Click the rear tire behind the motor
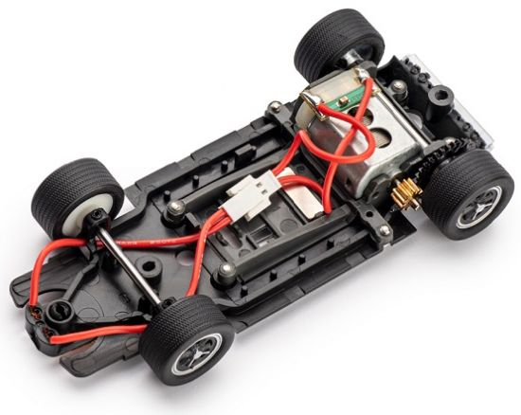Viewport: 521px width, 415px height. tap(335, 47)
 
